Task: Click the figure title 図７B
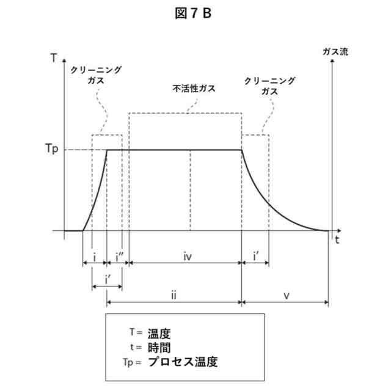click(195, 12)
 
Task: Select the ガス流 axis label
click(335, 51)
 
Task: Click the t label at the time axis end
click(337, 240)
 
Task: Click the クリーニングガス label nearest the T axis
click(97, 75)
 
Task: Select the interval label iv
click(188, 257)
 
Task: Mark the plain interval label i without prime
click(94, 257)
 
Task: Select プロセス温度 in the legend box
click(183, 362)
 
